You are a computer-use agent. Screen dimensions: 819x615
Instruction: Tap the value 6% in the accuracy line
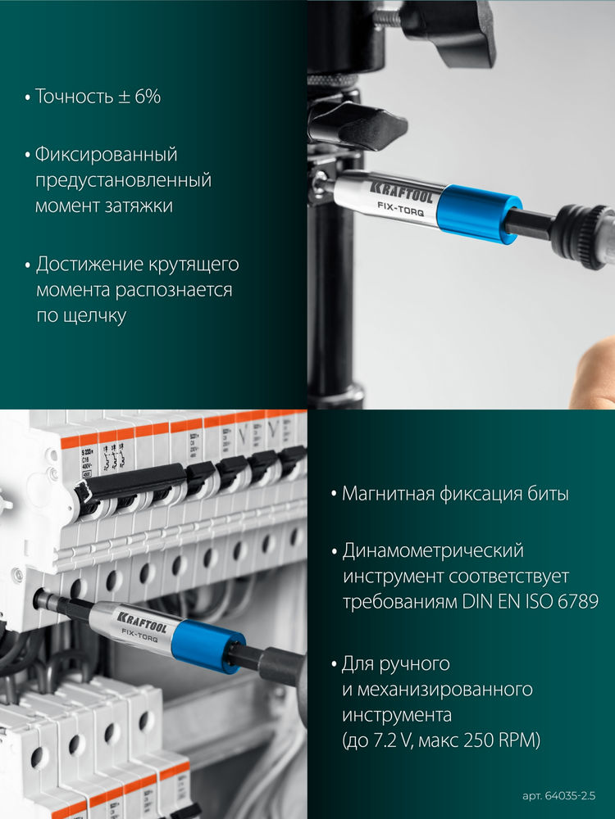146,97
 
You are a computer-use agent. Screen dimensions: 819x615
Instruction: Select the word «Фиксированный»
106,154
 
